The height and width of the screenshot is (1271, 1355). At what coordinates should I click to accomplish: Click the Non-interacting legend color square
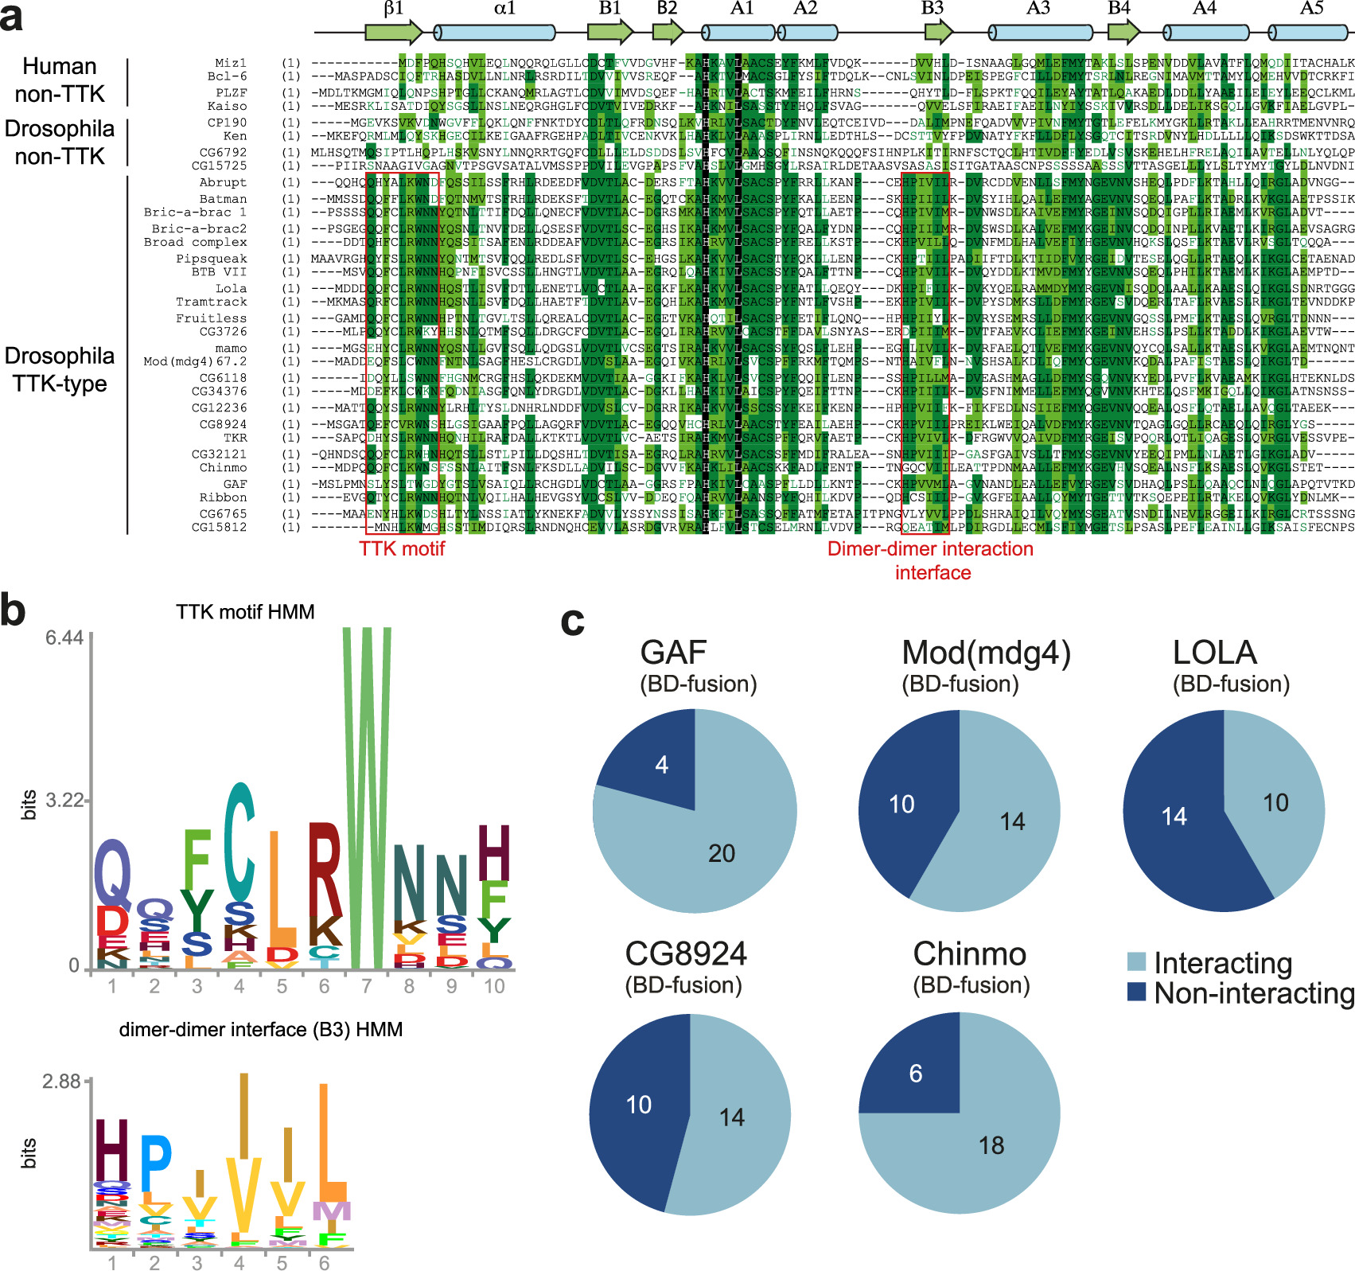(1137, 992)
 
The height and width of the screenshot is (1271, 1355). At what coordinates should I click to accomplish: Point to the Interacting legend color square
(1137, 961)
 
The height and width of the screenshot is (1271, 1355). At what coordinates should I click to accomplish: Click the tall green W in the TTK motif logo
(367, 796)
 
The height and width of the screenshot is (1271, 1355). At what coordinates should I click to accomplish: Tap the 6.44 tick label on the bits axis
(64, 637)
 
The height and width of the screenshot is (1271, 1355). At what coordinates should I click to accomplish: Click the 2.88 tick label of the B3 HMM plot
(61, 1082)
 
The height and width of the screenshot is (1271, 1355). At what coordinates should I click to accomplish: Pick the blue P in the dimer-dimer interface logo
(155, 1162)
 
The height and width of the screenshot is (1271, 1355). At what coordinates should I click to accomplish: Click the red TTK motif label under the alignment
(402, 548)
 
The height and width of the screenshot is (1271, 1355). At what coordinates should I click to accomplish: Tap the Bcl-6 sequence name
(227, 76)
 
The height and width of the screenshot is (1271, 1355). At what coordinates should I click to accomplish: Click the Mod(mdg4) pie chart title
(986, 653)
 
